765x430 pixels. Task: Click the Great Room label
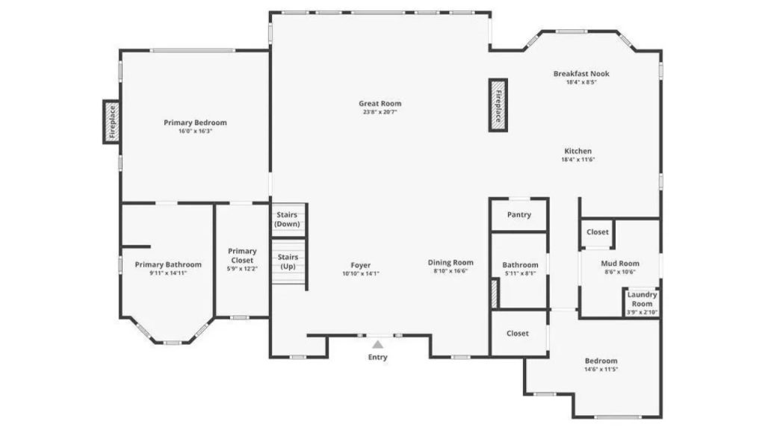tap(380, 103)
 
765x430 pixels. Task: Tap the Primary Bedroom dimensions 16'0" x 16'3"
tap(195, 131)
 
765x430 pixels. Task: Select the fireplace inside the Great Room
tap(498, 105)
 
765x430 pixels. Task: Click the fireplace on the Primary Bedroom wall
tap(112, 122)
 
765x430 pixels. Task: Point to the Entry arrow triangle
tap(377, 344)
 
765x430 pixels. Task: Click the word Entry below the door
tap(377, 358)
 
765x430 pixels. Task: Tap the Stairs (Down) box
tap(288, 220)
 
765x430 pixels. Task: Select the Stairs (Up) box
tap(288, 262)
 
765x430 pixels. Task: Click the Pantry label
tap(518, 215)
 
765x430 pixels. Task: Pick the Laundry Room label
tap(642, 299)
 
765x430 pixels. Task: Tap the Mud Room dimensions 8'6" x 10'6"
tap(620, 272)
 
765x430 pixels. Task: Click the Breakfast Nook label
tap(581, 74)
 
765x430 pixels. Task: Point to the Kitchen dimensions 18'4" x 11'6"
tap(578, 160)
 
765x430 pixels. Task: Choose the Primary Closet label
tap(242, 255)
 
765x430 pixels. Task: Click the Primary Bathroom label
tap(168, 265)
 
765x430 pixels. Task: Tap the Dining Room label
tap(450, 262)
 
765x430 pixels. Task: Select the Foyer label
tap(361, 265)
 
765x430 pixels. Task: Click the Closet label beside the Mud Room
tap(598, 232)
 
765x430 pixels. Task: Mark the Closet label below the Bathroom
tap(518, 334)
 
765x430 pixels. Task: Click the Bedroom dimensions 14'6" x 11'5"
tap(601, 370)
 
